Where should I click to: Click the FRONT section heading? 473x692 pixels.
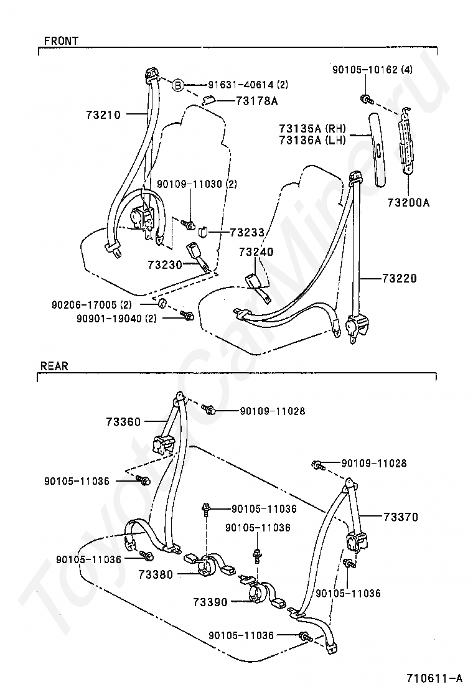point(61,40)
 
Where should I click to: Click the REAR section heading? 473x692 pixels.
point(54,366)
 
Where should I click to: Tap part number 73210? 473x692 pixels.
point(103,115)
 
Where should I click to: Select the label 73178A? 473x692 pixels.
point(257,101)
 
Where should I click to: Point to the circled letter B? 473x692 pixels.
point(177,85)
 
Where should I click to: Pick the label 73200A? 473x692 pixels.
point(408,202)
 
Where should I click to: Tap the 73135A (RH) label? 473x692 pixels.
point(312,129)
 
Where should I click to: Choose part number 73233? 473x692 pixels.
point(247,232)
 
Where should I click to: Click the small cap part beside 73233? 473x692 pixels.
point(204,231)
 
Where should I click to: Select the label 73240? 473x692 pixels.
point(256,252)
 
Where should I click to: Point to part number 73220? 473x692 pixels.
point(400,278)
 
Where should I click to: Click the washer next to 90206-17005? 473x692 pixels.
point(161,304)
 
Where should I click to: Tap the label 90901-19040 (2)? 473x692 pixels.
point(116,318)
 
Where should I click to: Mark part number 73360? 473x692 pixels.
point(124,422)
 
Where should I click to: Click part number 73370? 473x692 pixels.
point(401,517)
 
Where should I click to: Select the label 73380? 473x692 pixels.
point(156,574)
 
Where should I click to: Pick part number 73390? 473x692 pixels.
point(210,602)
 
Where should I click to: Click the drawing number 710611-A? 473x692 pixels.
point(434,678)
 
